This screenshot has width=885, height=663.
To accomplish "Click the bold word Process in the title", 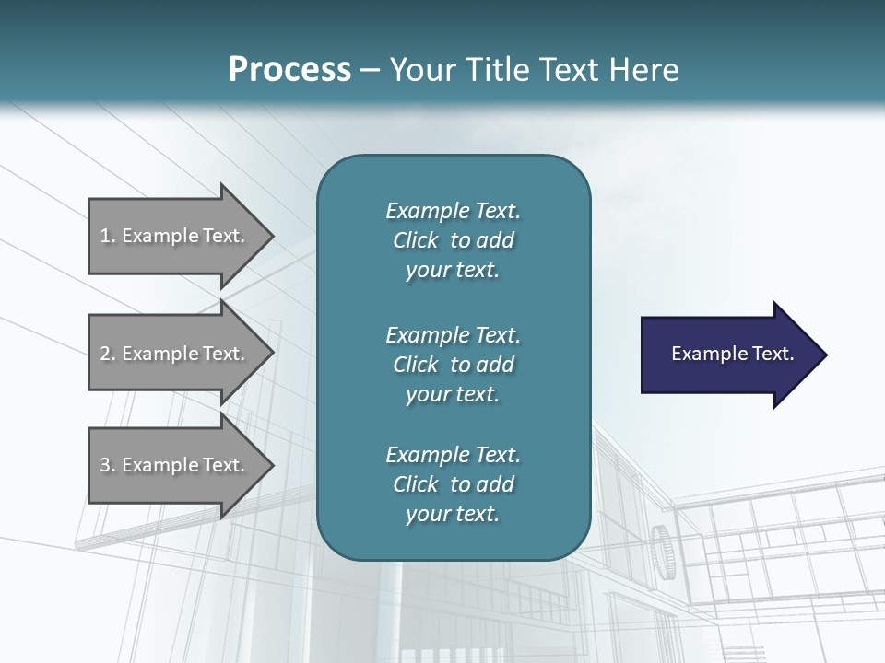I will (289, 69).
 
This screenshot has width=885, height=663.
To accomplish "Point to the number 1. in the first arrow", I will (108, 236).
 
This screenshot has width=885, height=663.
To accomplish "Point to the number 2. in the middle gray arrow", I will (108, 354).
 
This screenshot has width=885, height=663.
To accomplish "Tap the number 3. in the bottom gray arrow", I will (108, 465).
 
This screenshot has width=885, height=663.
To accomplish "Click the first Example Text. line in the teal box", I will (453, 211).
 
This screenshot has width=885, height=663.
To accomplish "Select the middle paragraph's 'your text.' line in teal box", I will (453, 394).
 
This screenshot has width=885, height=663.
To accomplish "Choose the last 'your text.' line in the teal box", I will (453, 514).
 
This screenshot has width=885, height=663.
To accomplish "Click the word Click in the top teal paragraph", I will (416, 240).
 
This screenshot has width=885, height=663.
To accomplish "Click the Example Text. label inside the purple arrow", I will (732, 354).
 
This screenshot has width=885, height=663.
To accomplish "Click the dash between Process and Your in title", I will (371, 70).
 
